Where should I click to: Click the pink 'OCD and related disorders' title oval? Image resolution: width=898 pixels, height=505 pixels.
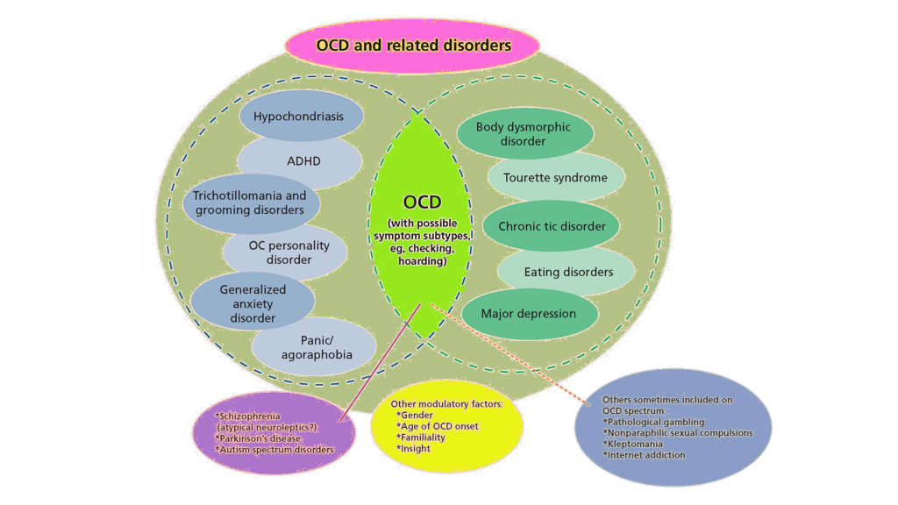(x=412, y=45)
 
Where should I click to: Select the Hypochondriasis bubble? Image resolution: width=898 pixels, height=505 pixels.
(x=298, y=117)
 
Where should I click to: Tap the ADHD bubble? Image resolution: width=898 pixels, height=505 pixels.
(x=303, y=161)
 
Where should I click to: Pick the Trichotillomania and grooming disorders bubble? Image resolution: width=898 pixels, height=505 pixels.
(x=250, y=203)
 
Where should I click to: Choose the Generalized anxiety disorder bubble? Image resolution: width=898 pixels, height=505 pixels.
(x=253, y=303)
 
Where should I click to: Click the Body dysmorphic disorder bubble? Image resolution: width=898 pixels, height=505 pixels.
(x=524, y=134)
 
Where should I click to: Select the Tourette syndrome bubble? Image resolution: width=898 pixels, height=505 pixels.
(x=555, y=177)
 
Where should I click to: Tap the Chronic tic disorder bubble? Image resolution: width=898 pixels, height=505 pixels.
(x=552, y=226)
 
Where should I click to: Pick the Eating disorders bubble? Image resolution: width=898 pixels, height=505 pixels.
(x=568, y=272)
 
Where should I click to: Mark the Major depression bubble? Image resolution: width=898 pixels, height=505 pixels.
(x=529, y=314)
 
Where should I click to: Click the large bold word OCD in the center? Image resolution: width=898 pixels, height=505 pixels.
(x=422, y=203)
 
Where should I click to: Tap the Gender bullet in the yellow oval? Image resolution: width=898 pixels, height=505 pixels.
(x=416, y=414)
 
